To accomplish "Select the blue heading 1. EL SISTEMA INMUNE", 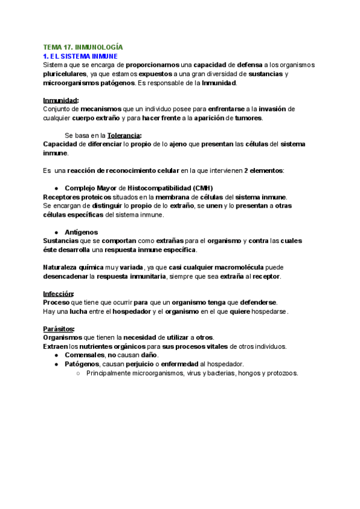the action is click(x=84, y=56).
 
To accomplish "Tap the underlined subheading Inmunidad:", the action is click(x=61, y=100).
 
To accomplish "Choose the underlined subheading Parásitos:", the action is click(x=59, y=329).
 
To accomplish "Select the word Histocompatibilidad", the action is click(x=157, y=188).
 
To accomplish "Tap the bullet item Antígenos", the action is click(x=81, y=232).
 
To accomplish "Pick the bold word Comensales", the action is click(x=89, y=355).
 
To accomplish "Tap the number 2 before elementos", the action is click(x=246, y=170).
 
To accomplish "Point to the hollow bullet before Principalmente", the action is click(x=79, y=373).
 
